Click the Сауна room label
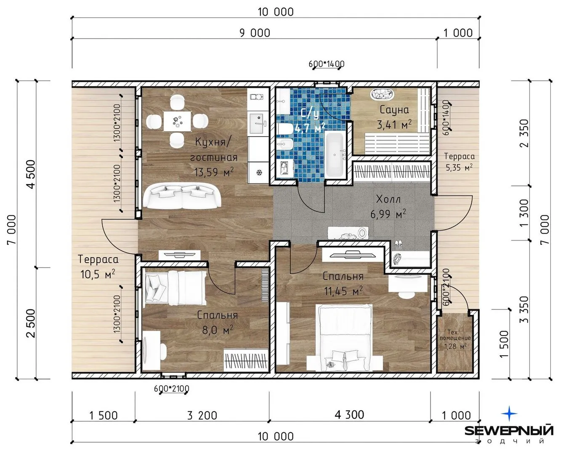(x=394, y=110)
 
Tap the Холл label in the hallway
(x=388, y=199)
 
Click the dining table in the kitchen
(x=177, y=121)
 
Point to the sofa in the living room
(x=182, y=196)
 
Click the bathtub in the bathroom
(x=335, y=155)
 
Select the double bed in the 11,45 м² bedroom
(x=345, y=338)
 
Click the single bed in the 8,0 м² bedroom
(x=175, y=288)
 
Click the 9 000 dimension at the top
(x=255, y=33)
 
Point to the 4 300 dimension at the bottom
(x=349, y=415)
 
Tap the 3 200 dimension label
(x=202, y=415)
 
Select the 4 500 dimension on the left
(x=31, y=174)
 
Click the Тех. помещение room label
(x=455, y=335)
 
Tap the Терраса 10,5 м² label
(x=98, y=267)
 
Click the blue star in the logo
(x=509, y=413)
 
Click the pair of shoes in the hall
(x=398, y=244)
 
